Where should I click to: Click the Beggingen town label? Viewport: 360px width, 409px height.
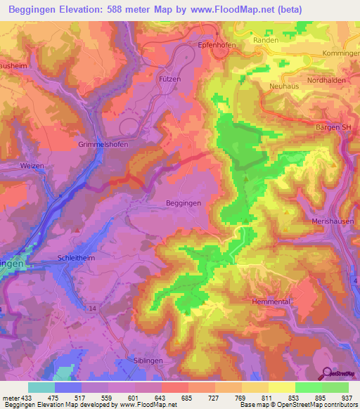(x=184, y=202)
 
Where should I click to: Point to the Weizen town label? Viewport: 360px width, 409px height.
(x=32, y=165)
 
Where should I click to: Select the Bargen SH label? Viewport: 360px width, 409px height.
(x=333, y=126)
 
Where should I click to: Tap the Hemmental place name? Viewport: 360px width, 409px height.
(x=270, y=301)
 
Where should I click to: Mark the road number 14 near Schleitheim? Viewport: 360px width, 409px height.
(x=93, y=308)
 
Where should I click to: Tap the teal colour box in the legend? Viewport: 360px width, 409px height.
(x=41, y=387)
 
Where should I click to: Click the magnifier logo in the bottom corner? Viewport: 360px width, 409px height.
(x=327, y=373)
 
